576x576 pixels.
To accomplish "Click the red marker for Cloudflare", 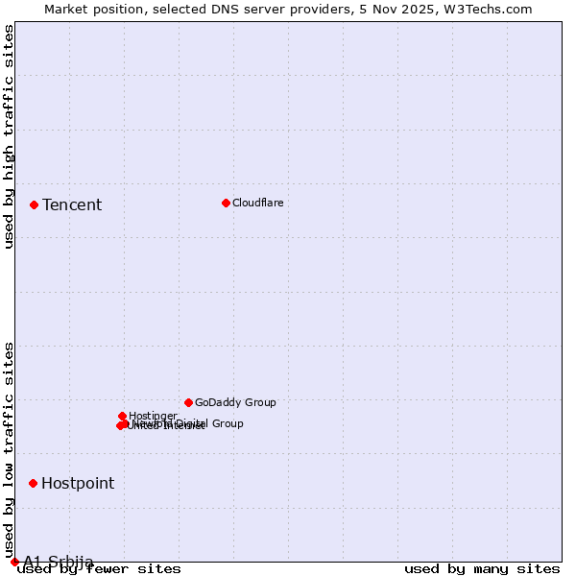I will (x=226, y=203).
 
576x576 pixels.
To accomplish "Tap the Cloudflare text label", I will (x=257, y=203).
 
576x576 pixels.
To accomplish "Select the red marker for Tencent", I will (x=34, y=204).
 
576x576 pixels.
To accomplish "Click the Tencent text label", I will (x=72, y=204).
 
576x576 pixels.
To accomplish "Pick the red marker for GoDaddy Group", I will (x=188, y=402).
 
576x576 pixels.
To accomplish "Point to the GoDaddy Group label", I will (x=235, y=402).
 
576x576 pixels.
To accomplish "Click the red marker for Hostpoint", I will (x=33, y=483).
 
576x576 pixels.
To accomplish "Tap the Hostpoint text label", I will (x=78, y=483).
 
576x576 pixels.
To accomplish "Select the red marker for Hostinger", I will (x=122, y=416).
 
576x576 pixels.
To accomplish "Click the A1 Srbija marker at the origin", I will (x=14, y=562).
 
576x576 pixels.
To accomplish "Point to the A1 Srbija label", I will (x=59, y=562).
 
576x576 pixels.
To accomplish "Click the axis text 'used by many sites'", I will (x=482, y=568).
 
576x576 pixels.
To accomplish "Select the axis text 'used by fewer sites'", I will (x=100, y=568).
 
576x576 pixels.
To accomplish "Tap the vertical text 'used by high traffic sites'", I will (x=9, y=136).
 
